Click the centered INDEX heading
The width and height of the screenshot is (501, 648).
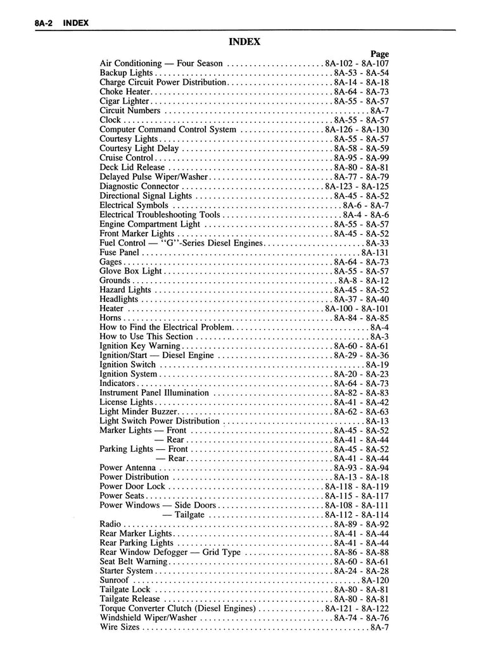click(x=244, y=42)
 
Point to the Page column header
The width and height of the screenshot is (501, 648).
click(x=379, y=54)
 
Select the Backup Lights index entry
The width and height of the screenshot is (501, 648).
click(x=126, y=73)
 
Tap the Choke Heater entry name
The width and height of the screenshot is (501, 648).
click(x=124, y=92)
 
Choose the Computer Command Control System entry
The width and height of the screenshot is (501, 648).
click(x=168, y=130)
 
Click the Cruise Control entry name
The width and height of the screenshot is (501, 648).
click(x=127, y=158)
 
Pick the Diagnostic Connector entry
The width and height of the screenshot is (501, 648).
click(x=139, y=187)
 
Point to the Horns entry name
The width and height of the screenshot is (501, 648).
click(x=110, y=318)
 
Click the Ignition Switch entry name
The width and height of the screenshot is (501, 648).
click(x=127, y=365)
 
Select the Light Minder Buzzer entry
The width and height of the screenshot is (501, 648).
click(x=136, y=412)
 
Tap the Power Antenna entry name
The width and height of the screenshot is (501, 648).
click(x=128, y=468)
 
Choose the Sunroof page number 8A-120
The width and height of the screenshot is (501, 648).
click(x=374, y=580)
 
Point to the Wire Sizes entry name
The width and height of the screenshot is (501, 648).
click(x=120, y=628)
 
